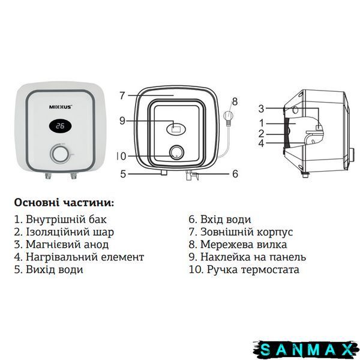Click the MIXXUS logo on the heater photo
pos(61,107)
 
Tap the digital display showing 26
pos(60,126)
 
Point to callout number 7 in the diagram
pos(122,95)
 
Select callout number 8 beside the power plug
pos(235,101)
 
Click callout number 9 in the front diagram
pos(122,121)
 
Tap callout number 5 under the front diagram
pos(123,174)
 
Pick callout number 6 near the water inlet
pos(235,174)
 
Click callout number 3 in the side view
pos(261,109)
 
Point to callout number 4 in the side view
pos(261,143)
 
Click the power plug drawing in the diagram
pos(229,118)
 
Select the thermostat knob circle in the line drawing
pos(176,153)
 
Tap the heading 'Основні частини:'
pos(64,203)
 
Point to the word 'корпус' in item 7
pos(275,232)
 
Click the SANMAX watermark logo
pos(306,349)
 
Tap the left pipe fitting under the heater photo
pos(48,176)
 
